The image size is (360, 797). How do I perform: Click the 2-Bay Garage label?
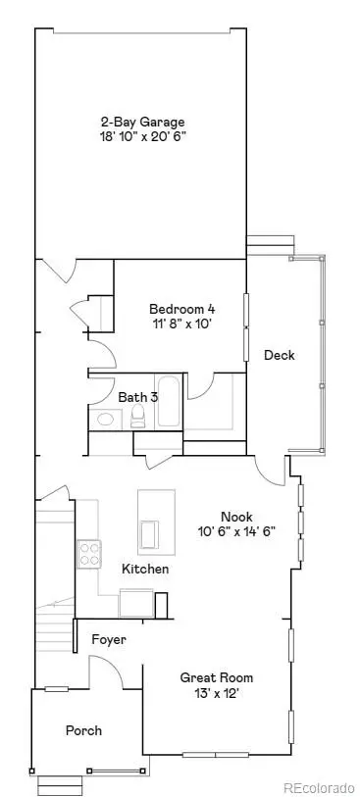pos(142,122)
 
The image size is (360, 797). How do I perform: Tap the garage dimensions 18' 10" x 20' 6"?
pos(143,137)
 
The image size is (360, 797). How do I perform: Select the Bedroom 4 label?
pos(177,306)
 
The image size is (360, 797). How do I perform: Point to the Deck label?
pos(279,355)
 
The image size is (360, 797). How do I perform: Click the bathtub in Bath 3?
pos(167,403)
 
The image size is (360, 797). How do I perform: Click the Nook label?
pos(236,516)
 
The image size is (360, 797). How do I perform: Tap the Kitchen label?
pos(145,569)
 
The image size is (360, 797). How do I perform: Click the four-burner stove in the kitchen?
pos(90,554)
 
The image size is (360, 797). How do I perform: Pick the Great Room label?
pos(217,677)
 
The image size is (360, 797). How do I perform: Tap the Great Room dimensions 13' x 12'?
pos(218,693)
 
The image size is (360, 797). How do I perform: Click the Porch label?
pos(83,730)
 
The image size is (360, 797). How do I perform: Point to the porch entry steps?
pos(60,784)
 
